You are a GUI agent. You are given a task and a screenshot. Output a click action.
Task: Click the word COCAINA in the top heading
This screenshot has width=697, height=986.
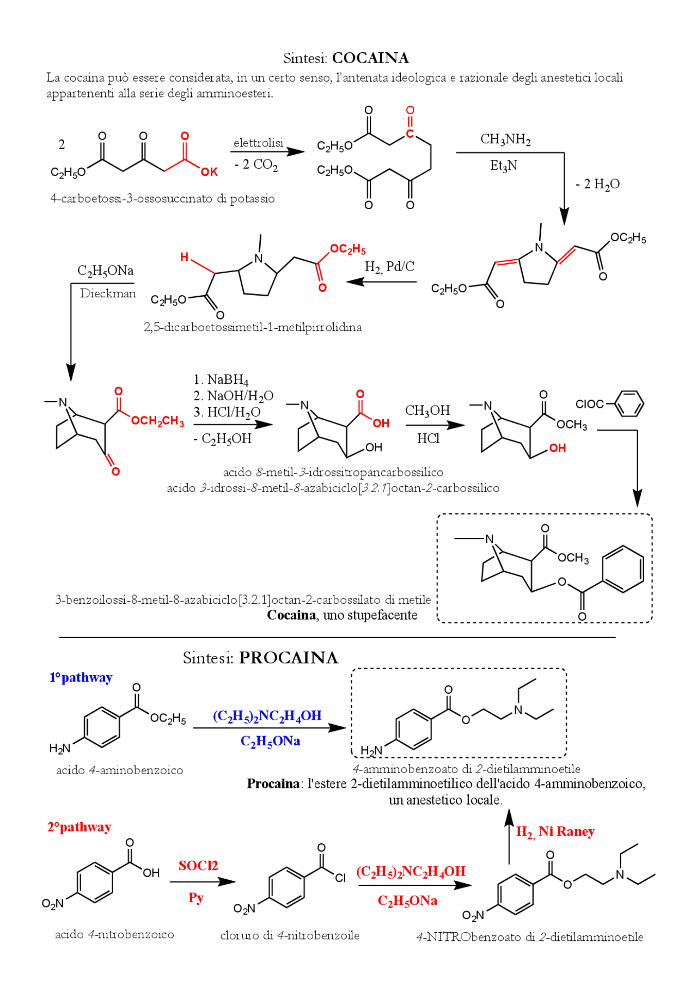click(x=370, y=58)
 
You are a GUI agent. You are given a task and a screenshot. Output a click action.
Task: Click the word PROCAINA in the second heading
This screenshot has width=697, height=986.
click(x=289, y=658)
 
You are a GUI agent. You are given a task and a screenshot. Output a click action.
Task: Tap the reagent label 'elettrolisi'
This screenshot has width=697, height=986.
click(x=258, y=143)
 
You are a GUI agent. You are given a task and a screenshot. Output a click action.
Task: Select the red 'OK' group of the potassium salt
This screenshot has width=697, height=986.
click(x=209, y=172)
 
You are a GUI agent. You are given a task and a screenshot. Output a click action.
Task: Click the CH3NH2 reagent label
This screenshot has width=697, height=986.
click(x=505, y=139)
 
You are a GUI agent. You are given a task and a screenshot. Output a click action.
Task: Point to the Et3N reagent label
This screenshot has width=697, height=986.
click(x=503, y=165)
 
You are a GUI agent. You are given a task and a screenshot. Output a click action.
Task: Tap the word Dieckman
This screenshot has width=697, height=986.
click(x=108, y=293)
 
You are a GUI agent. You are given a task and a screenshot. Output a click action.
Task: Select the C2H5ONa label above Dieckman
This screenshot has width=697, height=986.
click(x=105, y=271)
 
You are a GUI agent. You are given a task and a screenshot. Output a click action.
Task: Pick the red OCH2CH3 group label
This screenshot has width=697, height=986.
click(x=157, y=421)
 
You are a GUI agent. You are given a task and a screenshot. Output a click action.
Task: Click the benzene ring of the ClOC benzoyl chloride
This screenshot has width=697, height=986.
click(x=628, y=403)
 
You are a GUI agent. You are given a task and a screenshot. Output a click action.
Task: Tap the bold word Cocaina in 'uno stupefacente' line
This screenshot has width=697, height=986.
click(x=291, y=615)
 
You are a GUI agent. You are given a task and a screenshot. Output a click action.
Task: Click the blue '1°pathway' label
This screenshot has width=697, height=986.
click(x=81, y=677)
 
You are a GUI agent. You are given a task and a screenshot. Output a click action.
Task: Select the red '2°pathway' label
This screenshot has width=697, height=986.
click(x=80, y=827)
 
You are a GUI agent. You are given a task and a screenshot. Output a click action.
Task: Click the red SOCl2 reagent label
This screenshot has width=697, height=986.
click(x=198, y=866)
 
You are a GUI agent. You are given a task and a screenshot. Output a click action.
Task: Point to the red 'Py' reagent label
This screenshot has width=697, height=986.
click(x=196, y=898)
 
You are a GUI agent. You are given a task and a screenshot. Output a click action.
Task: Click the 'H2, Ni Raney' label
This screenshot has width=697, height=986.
click(x=555, y=831)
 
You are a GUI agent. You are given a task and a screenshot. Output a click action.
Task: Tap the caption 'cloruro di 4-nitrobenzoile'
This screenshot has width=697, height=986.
click(x=290, y=935)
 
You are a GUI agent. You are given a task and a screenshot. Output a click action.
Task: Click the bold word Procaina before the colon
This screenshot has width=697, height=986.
click(x=273, y=784)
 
